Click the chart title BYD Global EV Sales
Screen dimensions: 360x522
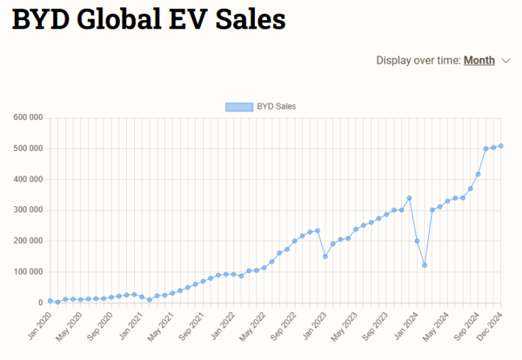[x=148, y=20]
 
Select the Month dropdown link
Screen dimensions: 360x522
[x=478, y=61]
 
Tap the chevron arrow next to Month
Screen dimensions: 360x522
[x=505, y=61]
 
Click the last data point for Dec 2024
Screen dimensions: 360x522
[x=501, y=145]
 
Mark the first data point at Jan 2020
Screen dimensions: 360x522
[x=50, y=301]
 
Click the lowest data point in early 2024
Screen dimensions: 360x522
[x=424, y=265]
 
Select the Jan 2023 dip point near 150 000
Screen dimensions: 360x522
[x=325, y=256]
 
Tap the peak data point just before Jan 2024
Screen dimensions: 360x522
[x=409, y=198]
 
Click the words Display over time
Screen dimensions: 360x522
[x=418, y=61]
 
